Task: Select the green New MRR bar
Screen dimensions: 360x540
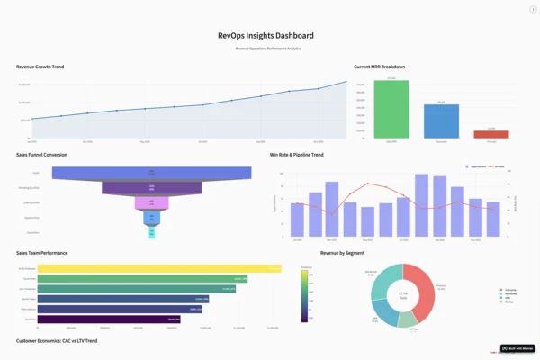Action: (391, 109)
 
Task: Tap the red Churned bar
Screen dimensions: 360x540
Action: (490, 134)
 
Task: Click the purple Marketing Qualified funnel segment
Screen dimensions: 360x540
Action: (152, 188)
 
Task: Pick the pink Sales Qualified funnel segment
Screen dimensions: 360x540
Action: (152, 203)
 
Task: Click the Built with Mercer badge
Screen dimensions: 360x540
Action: (517, 348)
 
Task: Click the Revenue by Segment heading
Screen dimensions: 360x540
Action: (342, 253)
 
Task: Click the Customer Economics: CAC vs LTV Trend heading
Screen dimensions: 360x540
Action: (57, 341)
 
